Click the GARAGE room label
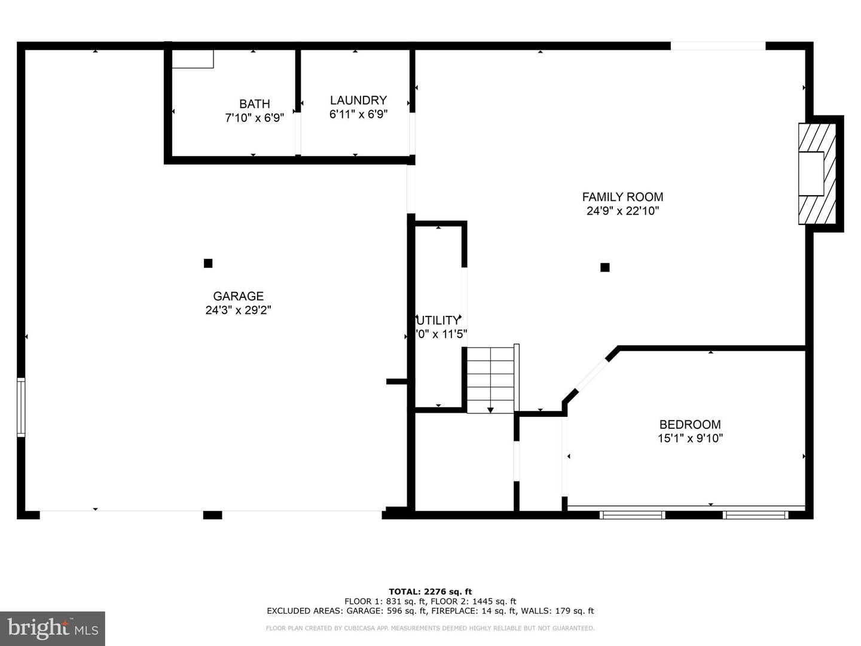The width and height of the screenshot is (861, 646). click(x=238, y=296)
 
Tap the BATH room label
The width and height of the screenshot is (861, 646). click(x=255, y=104)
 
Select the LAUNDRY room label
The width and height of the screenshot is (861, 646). click(x=358, y=100)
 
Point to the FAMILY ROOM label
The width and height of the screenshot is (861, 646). click(x=622, y=197)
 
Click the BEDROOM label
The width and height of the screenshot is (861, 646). click(x=690, y=425)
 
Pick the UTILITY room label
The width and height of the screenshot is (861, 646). click(x=439, y=321)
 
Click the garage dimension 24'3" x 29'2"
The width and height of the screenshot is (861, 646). click(x=238, y=310)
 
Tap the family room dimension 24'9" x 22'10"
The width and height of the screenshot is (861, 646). click(x=622, y=211)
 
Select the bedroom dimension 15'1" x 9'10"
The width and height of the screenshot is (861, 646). click(x=690, y=438)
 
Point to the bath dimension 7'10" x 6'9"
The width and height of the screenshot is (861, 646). click(x=255, y=118)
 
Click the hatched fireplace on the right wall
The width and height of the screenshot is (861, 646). click(x=816, y=173)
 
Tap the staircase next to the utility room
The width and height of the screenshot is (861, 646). click(x=491, y=379)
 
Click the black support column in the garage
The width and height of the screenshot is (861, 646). click(x=208, y=263)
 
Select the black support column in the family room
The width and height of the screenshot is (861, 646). click(x=604, y=267)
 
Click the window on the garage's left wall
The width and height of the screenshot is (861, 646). click(x=21, y=407)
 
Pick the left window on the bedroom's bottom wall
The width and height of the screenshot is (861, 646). click(x=632, y=514)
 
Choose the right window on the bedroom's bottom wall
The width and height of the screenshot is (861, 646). click(x=755, y=514)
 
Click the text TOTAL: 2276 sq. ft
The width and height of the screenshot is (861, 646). click(x=430, y=592)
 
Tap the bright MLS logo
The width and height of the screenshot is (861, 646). click(x=52, y=628)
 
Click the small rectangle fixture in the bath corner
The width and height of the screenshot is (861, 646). click(x=193, y=59)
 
